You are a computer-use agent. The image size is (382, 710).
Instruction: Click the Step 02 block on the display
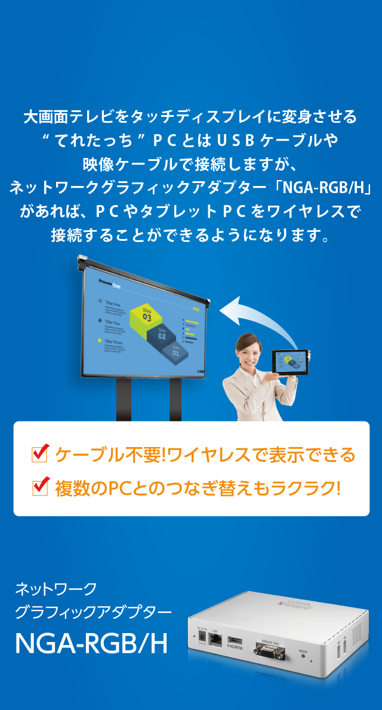click(x=162, y=335)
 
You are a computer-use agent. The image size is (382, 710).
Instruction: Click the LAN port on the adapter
click(x=216, y=640)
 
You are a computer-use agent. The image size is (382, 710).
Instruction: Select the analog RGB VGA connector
click(x=267, y=648)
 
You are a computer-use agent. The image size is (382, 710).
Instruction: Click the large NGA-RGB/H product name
click(x=91, y=644)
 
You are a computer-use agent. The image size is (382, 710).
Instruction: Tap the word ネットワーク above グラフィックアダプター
click(x=55, y=590)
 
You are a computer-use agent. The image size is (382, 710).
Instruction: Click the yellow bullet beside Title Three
click(x=99, y=340)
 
